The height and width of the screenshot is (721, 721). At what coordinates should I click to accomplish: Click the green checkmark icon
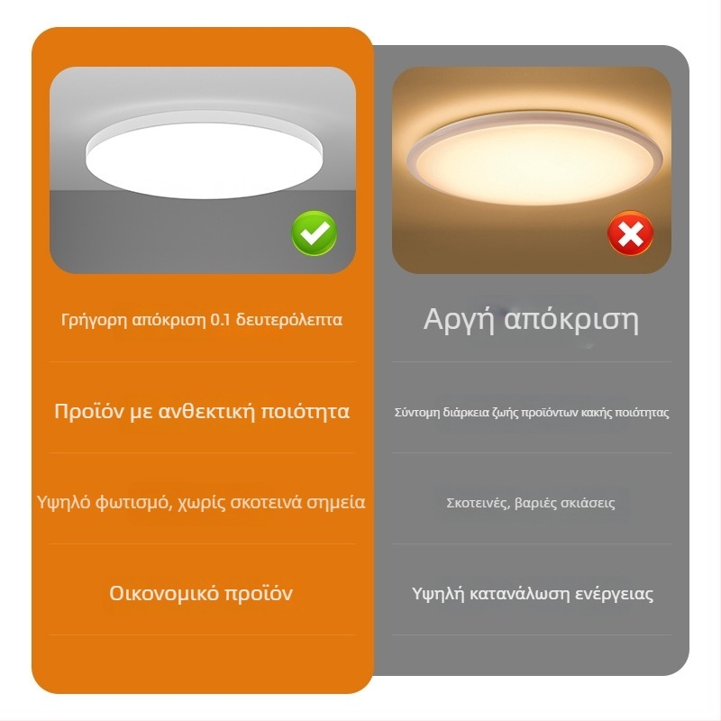314,233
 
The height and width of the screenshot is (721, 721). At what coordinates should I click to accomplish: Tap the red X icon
630,233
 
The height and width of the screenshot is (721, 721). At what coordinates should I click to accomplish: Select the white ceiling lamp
205,155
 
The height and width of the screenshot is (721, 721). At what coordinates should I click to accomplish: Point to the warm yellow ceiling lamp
534,160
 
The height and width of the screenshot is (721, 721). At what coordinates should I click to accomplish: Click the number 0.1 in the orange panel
220,320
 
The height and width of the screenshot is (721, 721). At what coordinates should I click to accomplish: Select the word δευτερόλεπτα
288,320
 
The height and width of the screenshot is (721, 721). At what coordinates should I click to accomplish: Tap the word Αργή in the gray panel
459,320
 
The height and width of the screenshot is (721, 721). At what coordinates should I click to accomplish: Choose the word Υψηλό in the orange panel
63,503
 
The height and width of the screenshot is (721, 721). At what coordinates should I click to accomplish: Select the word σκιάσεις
588,503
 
